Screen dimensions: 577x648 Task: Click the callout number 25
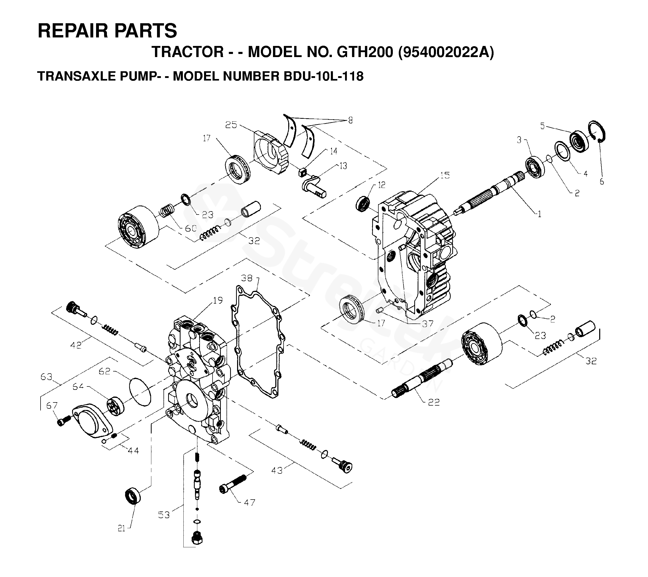tap(231, 125)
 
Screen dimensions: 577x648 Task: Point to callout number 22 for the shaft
tap(434, 402)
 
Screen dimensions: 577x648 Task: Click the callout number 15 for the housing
tap(445, 175)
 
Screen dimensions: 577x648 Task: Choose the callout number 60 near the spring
tap(191, 228)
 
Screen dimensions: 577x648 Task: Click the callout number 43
tap(277, 470)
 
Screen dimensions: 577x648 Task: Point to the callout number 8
tap(350, 121)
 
